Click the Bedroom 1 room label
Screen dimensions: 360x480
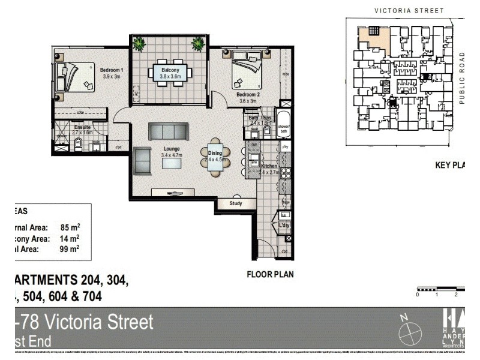(x=112, y=70)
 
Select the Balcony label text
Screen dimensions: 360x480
(x=170, y=70)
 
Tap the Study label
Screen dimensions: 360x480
(x=236, y=204)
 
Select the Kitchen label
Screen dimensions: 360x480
(x=268, y=166)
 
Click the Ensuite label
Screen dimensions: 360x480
(x=82, y=127)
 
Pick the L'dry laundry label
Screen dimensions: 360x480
(x=284, y=225)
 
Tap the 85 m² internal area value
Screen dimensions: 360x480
(x=70, y=227)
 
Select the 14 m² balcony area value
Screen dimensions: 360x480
(x=70, y=238)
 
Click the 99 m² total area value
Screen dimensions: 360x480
(x=70, y=248)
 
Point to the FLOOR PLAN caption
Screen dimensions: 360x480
(x=270, y=275)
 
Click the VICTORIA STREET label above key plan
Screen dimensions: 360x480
(x=408, y=10)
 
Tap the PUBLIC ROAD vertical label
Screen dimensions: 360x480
(x=462, y=78)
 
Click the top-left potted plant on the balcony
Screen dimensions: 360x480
(x=140, y=43)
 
